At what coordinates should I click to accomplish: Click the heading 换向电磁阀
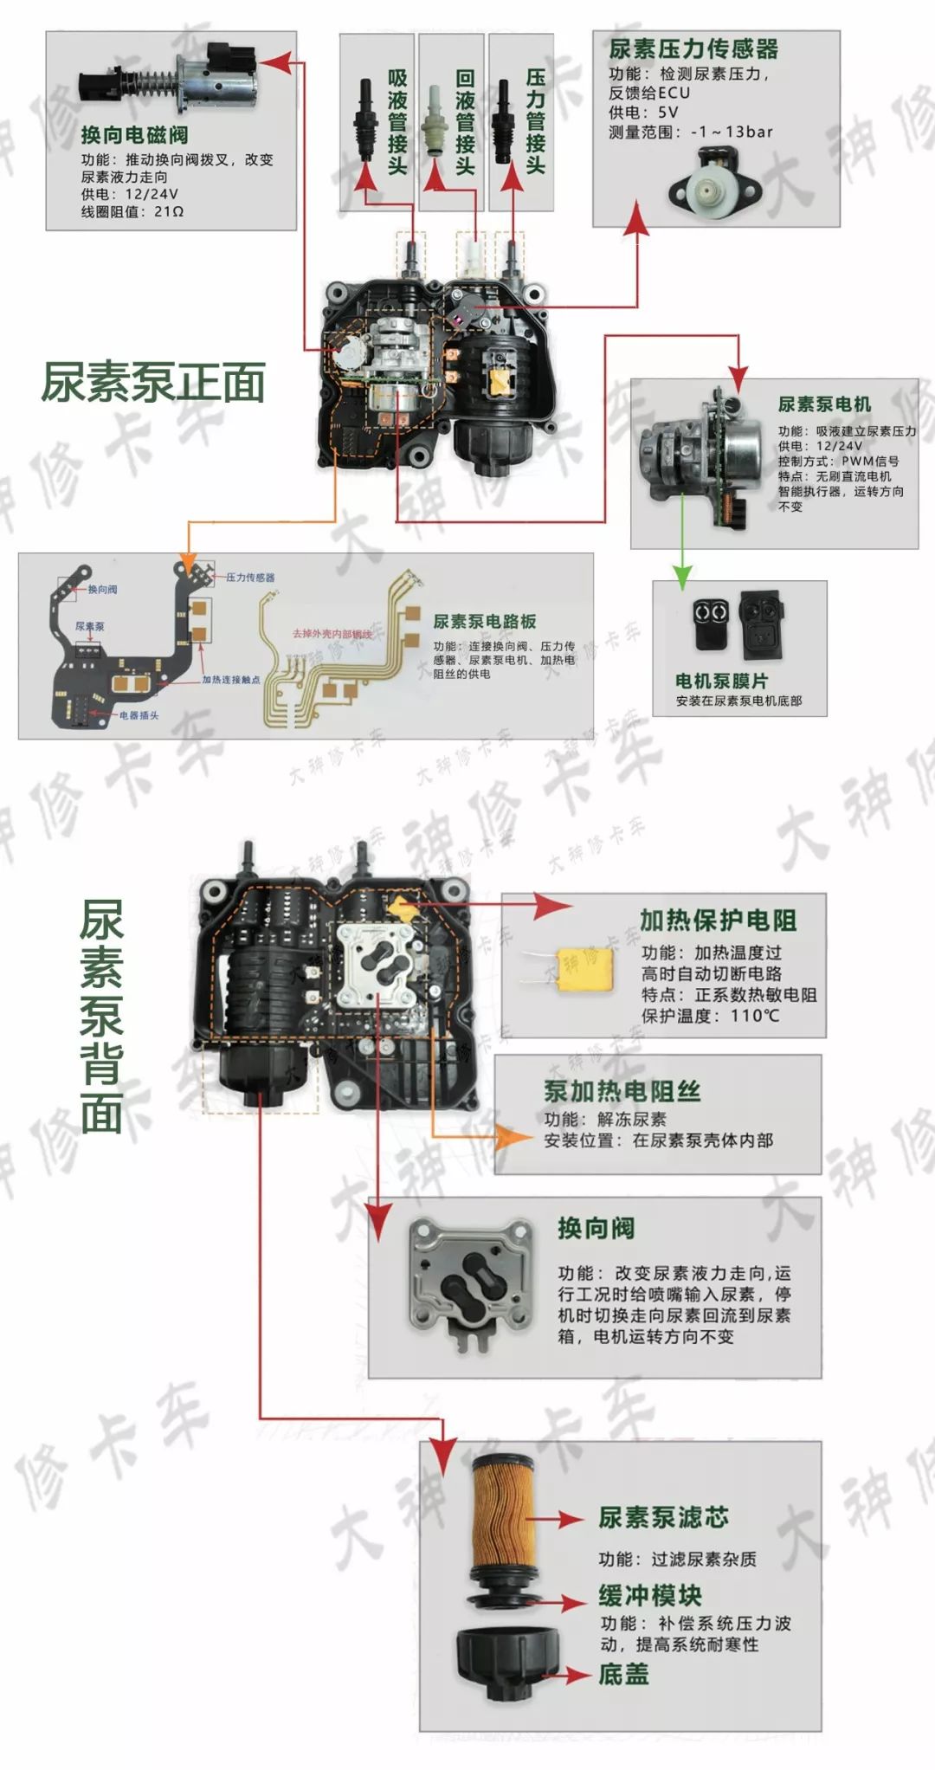pyautogui.click(x=134, y=135)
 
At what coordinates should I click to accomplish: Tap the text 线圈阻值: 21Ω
pyautogui.click(x=132, y=211)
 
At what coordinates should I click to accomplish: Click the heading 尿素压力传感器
pyautogui.click(x=693, y=49)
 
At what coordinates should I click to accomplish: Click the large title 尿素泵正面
pyautogui.click(x=153, y=383)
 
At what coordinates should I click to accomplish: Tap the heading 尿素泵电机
pyautogui.click(x=824, y=404)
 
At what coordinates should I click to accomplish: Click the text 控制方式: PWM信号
pyautogui.click(x=837, y=461)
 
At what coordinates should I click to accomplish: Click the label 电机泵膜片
pyautogui.click(x=721, y=681)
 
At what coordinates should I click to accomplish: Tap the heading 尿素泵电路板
pyautogui.click(x=484, y=621)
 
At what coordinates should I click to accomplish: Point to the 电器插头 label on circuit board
pyautogui.click(x=139, y=715)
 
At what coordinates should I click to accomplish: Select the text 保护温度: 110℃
pyautogui.click(x=710, y=1015)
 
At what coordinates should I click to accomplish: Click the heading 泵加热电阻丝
pyautogui.click(x=622, y=1091)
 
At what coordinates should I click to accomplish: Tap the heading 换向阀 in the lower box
pyautogui.click(x=596, y=1228)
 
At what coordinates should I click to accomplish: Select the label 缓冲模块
pyautogui.click(x=649, y=1595)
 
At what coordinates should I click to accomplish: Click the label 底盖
pyautogui.click(x=623, y=1674)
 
